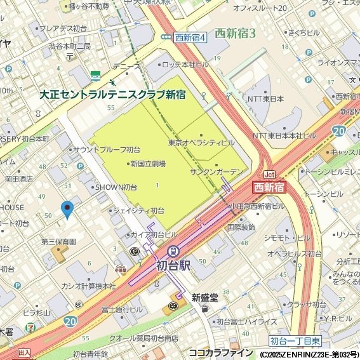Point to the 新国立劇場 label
148,164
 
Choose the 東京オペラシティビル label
201,143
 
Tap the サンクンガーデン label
216,172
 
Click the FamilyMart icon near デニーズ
95,75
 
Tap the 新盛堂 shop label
204,297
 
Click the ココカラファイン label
220,352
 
